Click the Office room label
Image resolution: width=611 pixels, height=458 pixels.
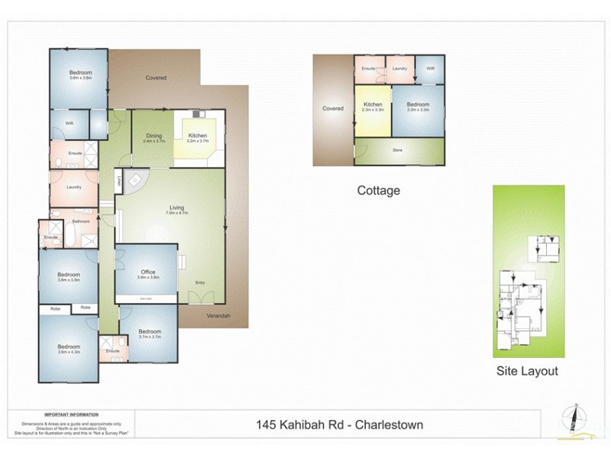148,273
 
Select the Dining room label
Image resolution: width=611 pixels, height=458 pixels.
154,137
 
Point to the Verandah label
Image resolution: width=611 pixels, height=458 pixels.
218,316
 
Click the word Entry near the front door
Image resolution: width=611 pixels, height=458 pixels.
200,283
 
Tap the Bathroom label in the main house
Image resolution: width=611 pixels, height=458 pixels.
82,221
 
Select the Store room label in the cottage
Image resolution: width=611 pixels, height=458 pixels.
397,150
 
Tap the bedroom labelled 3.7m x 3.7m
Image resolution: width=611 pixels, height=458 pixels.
150,333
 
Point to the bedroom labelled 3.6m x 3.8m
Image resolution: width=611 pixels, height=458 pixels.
80,74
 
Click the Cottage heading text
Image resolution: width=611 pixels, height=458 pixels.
379,191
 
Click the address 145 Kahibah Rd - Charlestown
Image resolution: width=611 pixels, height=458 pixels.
341,424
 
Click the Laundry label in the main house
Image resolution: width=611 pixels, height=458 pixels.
74,187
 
